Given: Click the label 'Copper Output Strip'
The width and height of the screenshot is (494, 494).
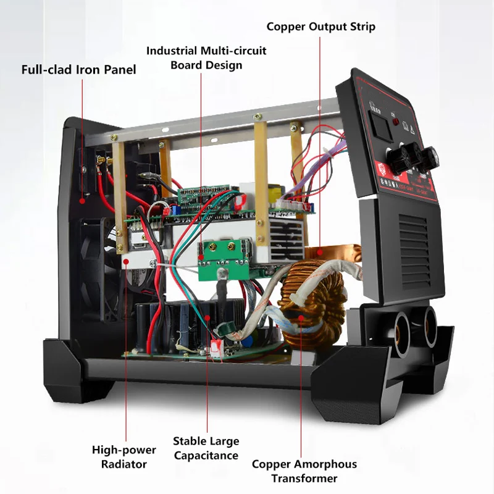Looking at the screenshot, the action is click(320, 27).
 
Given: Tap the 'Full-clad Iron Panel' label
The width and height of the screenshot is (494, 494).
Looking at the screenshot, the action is click(78, 69).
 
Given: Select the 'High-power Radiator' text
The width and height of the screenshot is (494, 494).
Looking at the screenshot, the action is click(124, 457).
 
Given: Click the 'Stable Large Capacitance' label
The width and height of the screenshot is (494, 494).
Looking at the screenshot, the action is click(206, 448).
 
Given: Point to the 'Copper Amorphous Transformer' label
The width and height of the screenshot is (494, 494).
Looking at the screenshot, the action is click(304, 471).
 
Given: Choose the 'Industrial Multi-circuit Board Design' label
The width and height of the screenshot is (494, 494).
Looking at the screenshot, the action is click(206, 57).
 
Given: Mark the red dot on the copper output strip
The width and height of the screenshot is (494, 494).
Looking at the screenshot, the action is click(319, 251).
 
